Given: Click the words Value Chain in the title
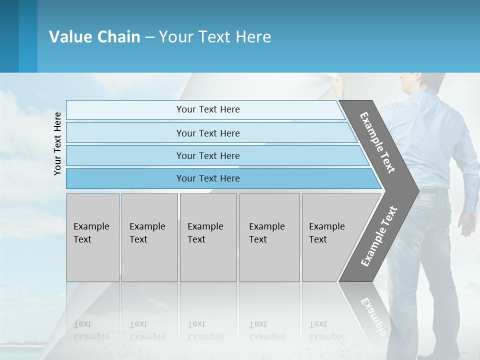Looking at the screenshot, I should click(94, 37).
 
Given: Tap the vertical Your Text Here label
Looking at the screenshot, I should click(57, 143).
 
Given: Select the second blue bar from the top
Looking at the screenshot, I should click(207, 133).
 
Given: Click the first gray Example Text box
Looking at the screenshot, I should click(92, 237).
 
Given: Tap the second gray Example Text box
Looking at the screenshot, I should click(149, 237).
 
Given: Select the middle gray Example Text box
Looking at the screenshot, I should click(208, 237).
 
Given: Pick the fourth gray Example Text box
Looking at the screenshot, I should click(269, 237).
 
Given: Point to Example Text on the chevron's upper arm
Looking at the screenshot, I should click(377, 142).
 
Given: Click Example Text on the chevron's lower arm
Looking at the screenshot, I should click(378, 236).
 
